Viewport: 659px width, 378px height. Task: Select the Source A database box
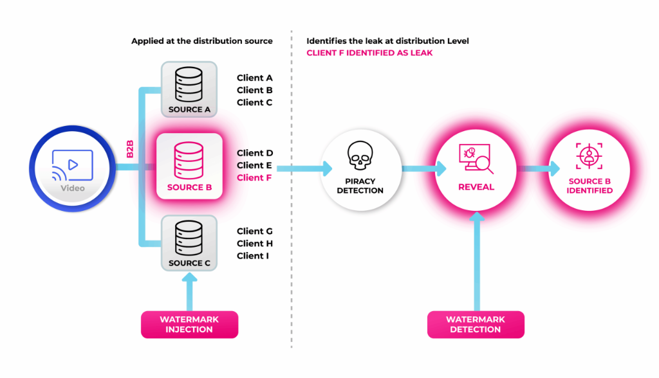click(189, 89)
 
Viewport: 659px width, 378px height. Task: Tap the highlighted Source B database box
click(189, 166)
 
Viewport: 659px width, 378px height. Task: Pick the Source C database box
click(189, 243)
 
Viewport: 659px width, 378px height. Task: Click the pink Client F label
click(255, 178)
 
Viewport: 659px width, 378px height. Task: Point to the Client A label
click(255, 78)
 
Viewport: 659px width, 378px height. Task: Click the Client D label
click(255, 153)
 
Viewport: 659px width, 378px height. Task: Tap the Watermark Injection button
click(189, 324)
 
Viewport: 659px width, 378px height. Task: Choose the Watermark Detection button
click(476, 324)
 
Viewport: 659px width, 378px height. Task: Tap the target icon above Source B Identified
click(590, 156)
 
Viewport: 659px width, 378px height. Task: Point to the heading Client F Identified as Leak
click(369, 53)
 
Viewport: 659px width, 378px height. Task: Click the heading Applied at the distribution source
click(202, 41)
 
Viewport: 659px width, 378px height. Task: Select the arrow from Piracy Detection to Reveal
click(423, 169)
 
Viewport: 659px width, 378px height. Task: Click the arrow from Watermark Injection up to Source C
click(189, 292)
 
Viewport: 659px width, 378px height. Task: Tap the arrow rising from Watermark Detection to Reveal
click(476, 264)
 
